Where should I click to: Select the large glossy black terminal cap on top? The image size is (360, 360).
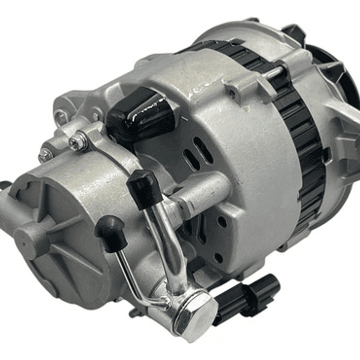coord(140,116)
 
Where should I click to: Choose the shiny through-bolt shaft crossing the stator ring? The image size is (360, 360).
coord(273,74)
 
